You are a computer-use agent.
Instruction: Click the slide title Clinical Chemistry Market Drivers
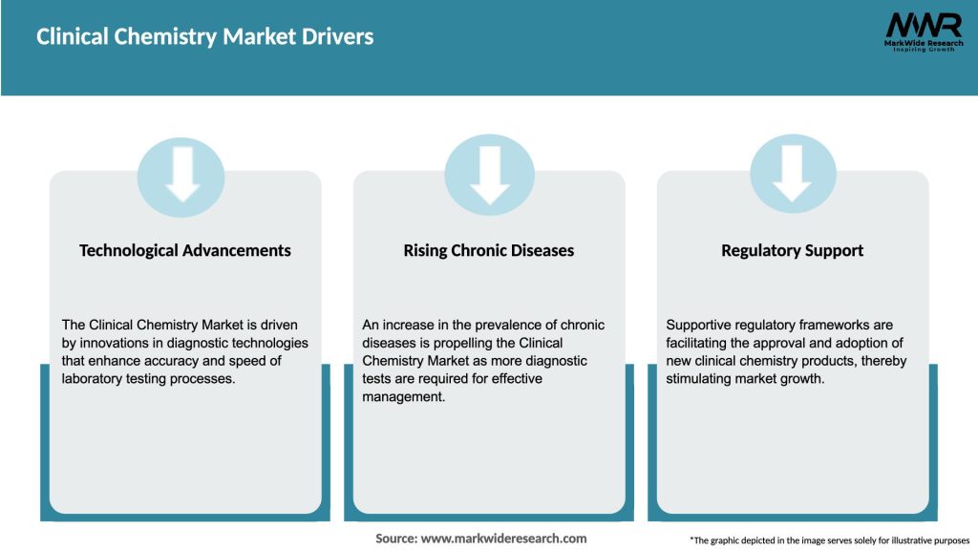tap(204, 37)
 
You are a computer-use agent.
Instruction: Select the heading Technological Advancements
tap(185, 250)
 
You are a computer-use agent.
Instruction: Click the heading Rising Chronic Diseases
tap(489, 250)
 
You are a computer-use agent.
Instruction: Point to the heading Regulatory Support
tap(792, 250)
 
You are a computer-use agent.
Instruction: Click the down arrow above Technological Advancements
tap(181, 173)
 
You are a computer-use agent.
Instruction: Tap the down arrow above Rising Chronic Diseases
tap(489, 173)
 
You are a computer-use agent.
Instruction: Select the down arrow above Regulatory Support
tap(792, 173)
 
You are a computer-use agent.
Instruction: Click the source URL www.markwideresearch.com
tap(504, 539)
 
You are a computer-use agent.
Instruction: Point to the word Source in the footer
tap(396, 539)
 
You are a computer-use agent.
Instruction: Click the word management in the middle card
tap(402, 396)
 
